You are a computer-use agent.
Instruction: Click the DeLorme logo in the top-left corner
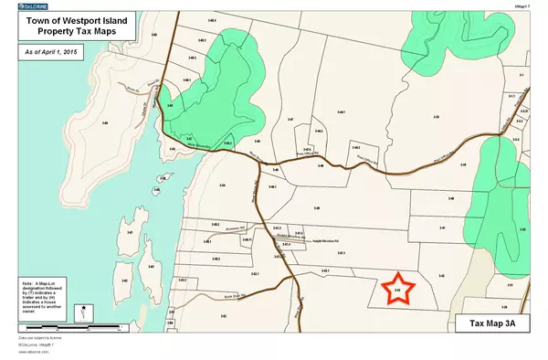33,5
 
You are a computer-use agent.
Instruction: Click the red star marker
398,290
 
